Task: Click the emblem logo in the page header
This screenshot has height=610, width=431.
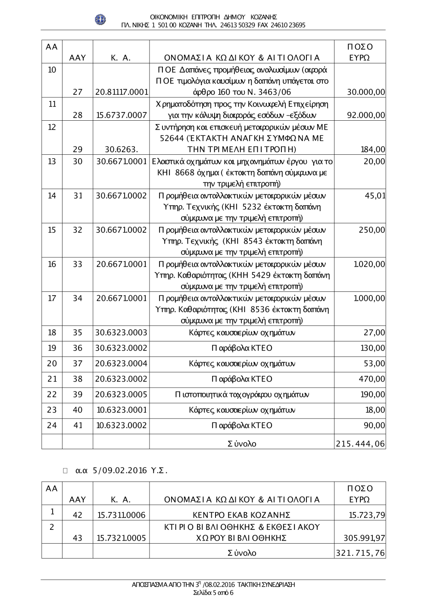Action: pyautogui.click(x=100, y=19)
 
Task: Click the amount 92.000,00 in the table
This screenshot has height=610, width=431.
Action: pyautogui.click(x=366, y=116)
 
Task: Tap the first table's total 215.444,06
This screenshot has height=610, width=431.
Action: pyautogui.click(x=360, y=444)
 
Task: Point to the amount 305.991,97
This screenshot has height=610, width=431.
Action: pyautogui.click(x=364, y=538)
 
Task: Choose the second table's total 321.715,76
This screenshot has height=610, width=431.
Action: pyautogui.click(x=360, y=553)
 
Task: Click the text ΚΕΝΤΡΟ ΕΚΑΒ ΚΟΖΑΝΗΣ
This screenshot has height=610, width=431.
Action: pyautogui.click(x=241, y=515)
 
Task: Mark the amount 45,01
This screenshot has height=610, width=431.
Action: pyautogui.click(x=375, y=196)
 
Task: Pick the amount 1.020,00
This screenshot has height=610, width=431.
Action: pyautogui.click(x=369, y=264)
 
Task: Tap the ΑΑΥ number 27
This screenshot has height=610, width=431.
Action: pyautogui.click(x=78, y=92)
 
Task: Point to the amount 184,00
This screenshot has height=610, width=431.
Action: pyautogui.click(x=373, y=150)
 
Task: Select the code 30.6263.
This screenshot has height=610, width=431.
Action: pyautogui.click(x=121, y=150)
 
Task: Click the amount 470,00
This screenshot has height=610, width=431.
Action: pyautogui.click(x=373, y=379)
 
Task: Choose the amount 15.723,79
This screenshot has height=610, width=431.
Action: pyautogui.click(x=366, y=515)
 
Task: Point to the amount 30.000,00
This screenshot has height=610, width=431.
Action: pyautogui.click(x=366, y=92)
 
